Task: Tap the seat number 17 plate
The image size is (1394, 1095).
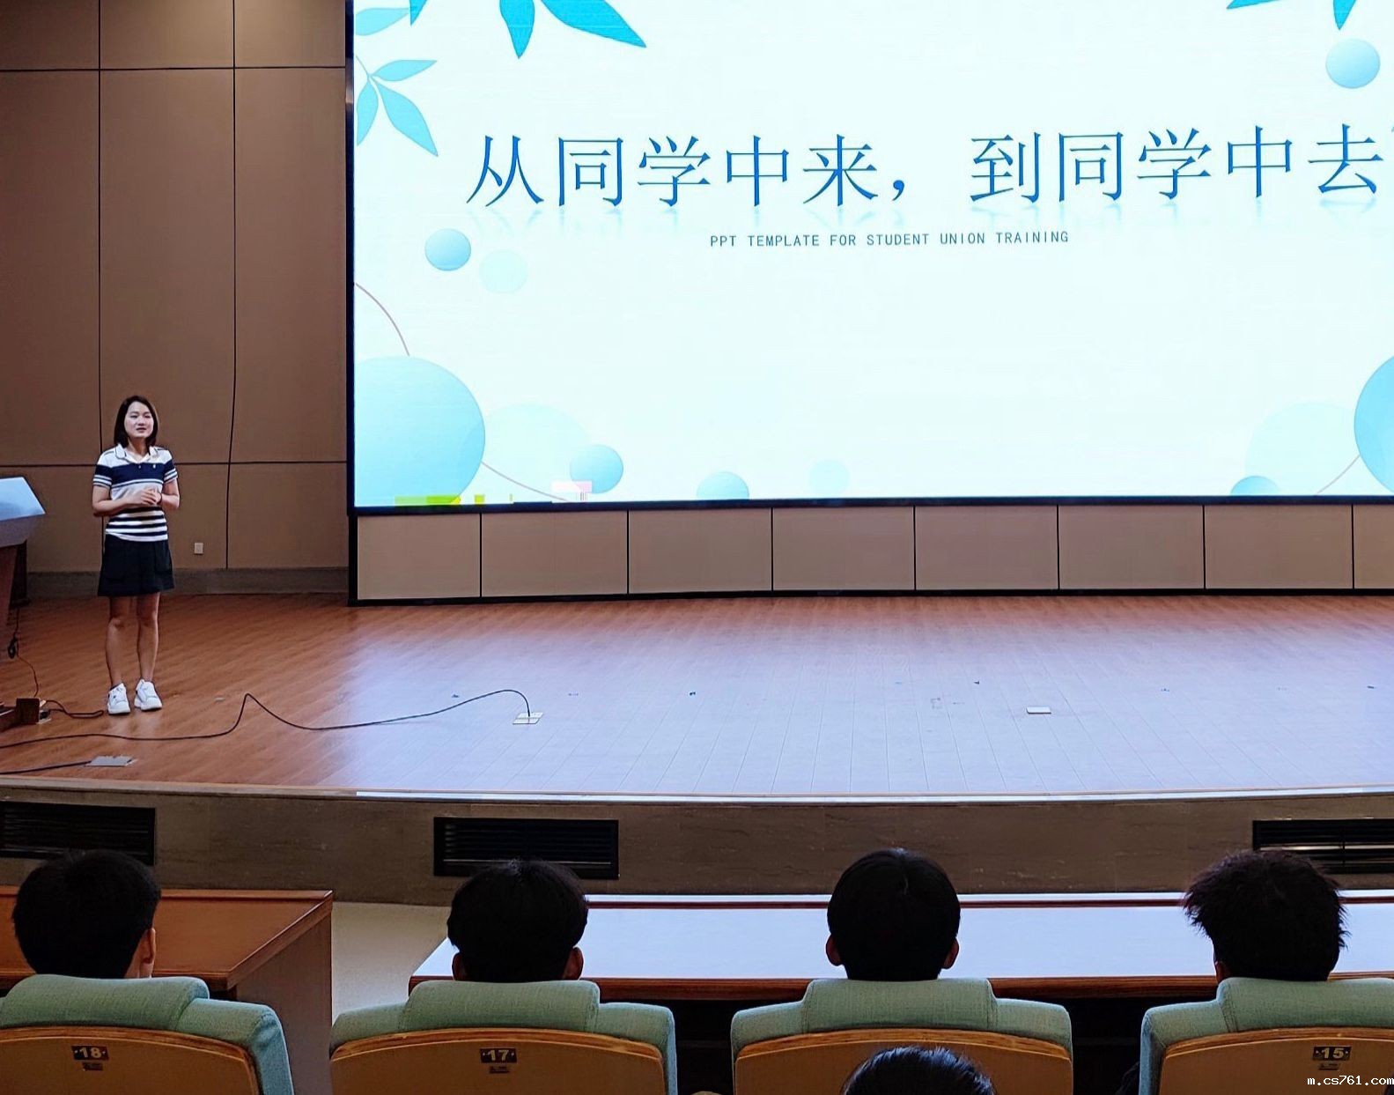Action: point(498,1055)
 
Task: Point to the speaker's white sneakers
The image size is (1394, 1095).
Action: point(134,697)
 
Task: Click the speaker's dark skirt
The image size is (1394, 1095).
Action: point(136,566)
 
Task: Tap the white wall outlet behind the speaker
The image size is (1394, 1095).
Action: point(198,549)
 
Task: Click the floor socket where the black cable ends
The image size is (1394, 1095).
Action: point(527,718)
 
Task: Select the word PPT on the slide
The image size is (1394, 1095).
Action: point(723,242)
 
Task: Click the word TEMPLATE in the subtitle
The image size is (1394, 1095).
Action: point(783,241)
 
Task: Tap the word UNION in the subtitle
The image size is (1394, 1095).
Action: point(963,239)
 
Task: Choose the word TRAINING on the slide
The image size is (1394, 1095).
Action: point(1031,238)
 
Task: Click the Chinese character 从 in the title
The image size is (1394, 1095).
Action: point(505,169)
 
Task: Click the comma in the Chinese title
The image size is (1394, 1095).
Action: point(899,195)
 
